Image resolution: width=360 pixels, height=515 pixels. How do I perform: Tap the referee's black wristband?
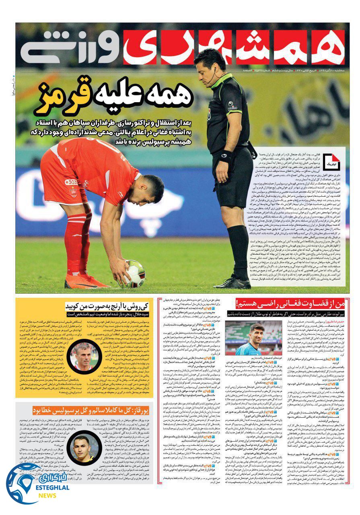224,156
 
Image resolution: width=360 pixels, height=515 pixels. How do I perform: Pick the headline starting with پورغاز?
90,410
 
